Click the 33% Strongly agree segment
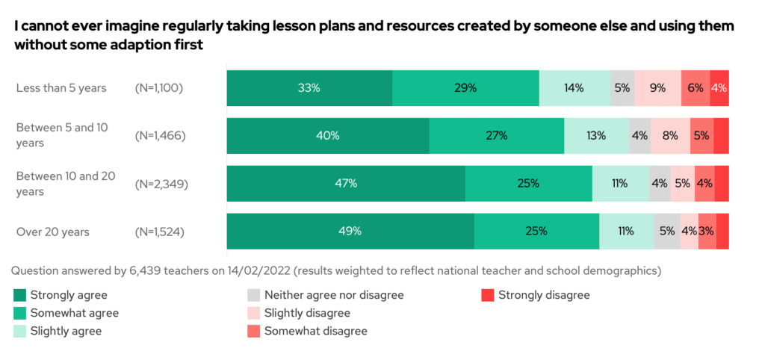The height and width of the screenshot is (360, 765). pyautogui.click(x=309, y=88)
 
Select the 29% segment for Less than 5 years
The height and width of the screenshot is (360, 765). pyautogui.click(x=465, y=88)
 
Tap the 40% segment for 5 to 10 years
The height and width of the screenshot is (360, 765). pyautogui.click(x=328, y=136)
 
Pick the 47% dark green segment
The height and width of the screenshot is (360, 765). pyautogui.click(x=346, y=184)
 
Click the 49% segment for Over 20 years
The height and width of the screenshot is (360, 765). pyautogui.click(x=350, y=232)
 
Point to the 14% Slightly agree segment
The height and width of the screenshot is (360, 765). pyautogui.click(x=574, y=88)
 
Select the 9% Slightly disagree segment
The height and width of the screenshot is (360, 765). pyautogui.click(x=657, y=88)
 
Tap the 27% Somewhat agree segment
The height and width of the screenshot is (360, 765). pyautogui.click(x=496, y=136)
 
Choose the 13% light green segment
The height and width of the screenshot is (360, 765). pyautogui.click(x=596, y=136)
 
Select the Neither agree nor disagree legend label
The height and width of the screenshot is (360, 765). pyautogui.click(x=334, y=295)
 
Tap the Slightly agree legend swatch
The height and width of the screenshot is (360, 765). pyautogui.click(x=21, y=331)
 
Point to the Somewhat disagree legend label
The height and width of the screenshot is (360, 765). pyautogui.click(x=316, y=331)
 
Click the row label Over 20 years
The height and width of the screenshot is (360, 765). pyautogui.click(x=51, y=232)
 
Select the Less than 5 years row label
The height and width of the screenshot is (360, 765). pyautogui.click(x=61, y=88)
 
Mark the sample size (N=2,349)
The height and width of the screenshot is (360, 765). pyautogui.click(x=160, y=184)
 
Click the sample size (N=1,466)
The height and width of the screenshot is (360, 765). pyautogui.click(x=160, y=136)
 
